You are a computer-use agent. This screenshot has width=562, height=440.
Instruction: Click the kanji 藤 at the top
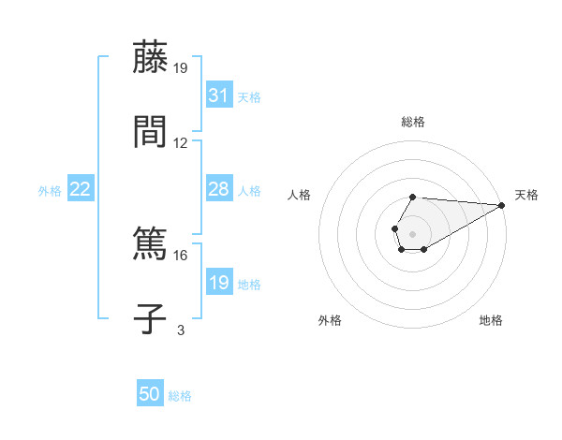150,59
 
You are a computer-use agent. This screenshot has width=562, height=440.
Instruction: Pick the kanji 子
150,317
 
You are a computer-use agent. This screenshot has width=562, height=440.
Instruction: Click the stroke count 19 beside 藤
181,68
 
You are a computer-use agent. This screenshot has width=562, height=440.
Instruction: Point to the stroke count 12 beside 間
181,143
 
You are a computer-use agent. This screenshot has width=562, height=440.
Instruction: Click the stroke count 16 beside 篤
181,255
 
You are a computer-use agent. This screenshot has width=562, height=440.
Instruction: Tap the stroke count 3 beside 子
181,330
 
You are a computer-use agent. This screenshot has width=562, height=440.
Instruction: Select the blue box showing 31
218,95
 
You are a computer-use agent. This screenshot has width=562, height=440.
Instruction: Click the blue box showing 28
218,189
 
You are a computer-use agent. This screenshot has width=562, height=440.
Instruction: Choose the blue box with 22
81,189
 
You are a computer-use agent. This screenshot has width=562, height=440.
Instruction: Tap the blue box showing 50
150,394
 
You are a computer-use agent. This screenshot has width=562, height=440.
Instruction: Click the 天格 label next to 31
249,96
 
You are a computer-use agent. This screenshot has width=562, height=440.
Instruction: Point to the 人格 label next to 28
249,190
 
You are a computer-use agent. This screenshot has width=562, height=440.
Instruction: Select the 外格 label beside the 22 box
50,190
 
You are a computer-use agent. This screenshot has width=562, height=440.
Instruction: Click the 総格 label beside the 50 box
180,395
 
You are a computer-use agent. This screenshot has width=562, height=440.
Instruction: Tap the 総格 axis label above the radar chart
412,122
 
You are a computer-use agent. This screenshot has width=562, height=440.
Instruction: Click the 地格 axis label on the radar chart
491,320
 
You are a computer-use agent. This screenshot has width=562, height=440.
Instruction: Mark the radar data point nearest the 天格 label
502,205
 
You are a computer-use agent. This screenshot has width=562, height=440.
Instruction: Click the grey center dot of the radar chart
412,232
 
